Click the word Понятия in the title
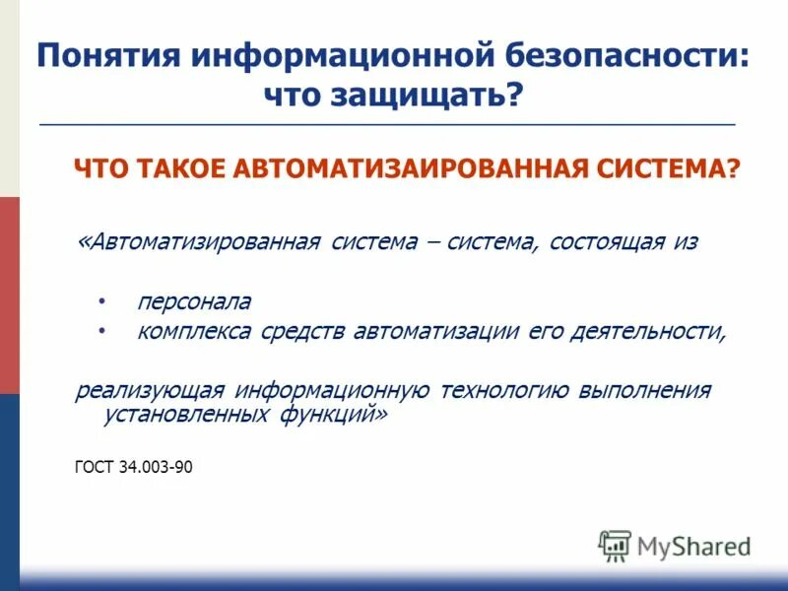click(x=106, y=55)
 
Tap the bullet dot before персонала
click(x=101, y=298)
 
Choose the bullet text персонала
click(x=194, y=300)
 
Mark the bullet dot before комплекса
click(x=101, y=331)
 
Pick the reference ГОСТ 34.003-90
click(x=133, y=467)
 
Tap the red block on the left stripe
click(x=9, y=295)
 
